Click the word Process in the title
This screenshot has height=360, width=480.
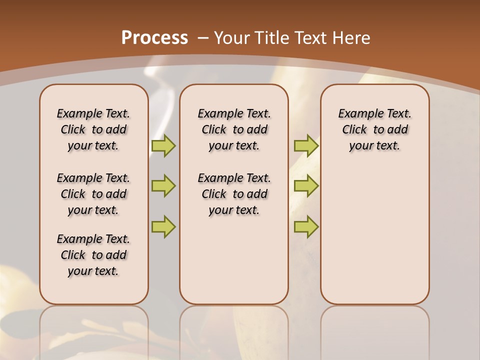(154, 37)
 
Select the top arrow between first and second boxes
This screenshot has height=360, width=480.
(163, 146)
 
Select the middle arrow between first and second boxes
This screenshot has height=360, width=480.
(163, 186)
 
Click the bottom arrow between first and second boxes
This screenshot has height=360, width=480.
(163, 226)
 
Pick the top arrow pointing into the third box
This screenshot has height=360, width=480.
(306, 146)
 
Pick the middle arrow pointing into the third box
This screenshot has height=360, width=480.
(306, 186)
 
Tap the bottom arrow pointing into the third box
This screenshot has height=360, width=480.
(306, 226)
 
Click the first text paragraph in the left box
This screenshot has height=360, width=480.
(93, 129)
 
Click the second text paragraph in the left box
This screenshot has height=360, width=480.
(93, 194)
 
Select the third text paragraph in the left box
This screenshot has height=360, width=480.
(93, 255)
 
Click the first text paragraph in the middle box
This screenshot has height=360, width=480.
(234, 129)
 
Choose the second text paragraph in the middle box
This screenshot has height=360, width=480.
(234, 194)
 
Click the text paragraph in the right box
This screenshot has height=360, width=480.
(375, 129)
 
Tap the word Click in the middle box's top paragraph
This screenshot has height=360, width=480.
(214, 130)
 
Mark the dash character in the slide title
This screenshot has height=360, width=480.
(203, 38)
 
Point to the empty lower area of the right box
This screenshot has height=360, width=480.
(375, 240)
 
